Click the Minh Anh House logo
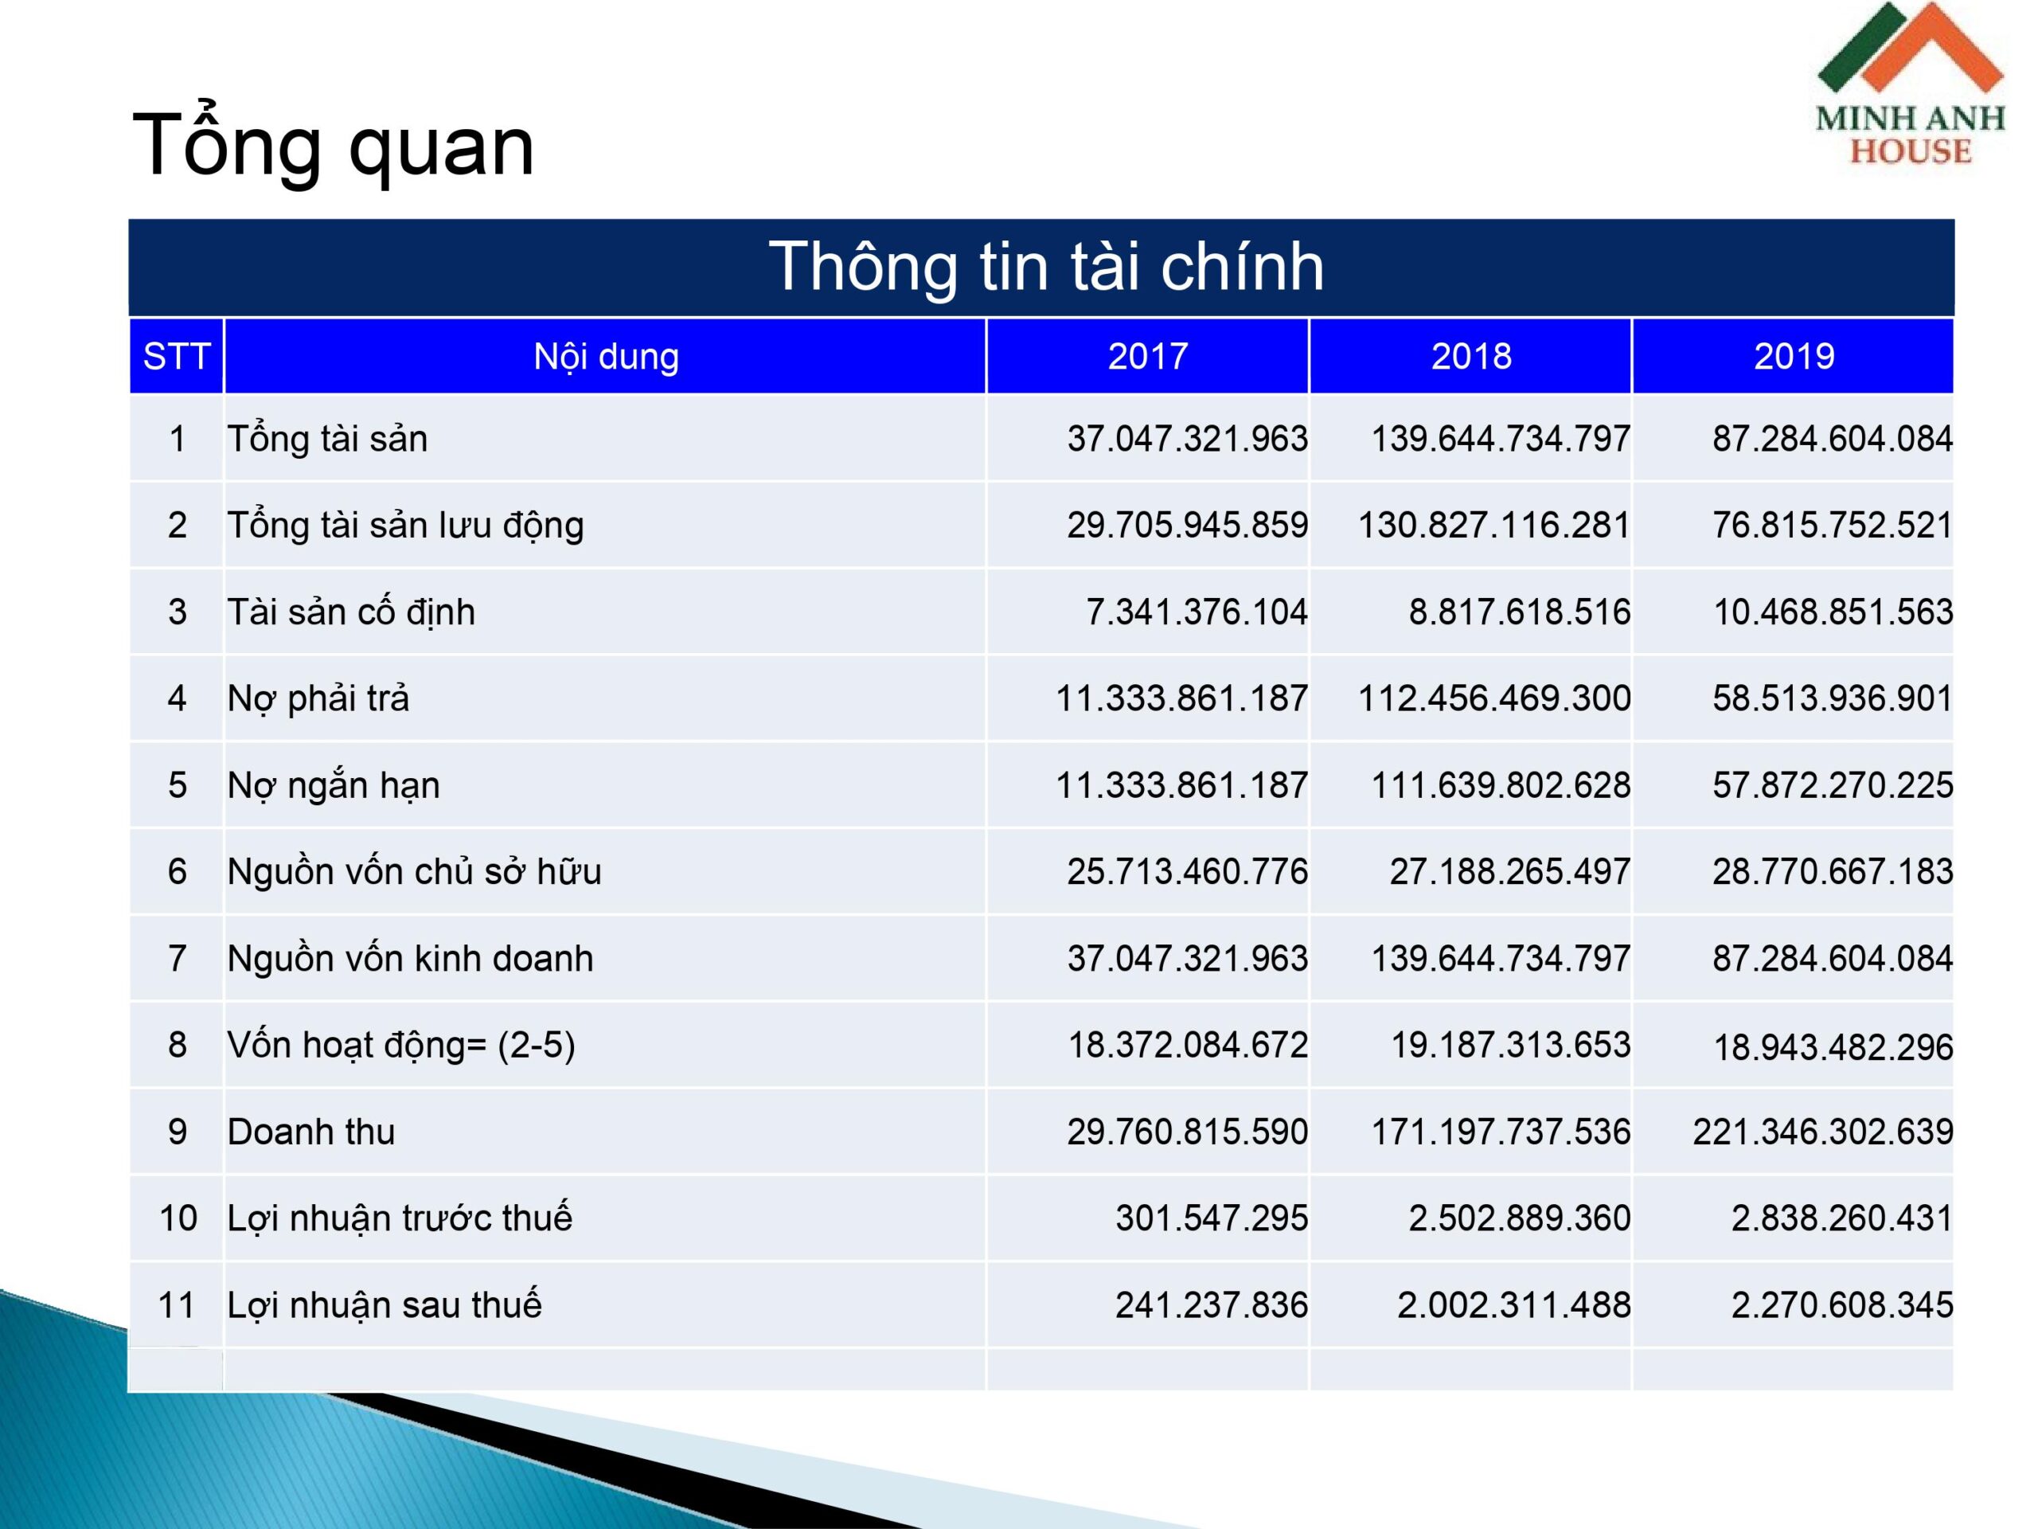click(x=1910, y=84)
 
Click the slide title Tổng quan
click(x=334, y=146)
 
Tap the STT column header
click(x=176, y=357)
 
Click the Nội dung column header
click(x=607, y=357)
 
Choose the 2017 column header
click(x=1148, y=357)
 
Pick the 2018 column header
click(x=1471, y=357)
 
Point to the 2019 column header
click(x=1794, y=357)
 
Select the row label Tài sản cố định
click(x=351, y=612)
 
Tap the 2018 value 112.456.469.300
click(x=1494, y=698)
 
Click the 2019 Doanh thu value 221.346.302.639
click(x=1822, y=1132)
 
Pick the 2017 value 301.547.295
click(x=1212, y=1218)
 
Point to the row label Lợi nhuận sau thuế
click(x=385, y=1305)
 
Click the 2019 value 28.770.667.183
click(x=1833, y=872)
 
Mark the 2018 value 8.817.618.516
click(x=1519, y=612)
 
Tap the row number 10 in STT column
click(x=178, y=1218)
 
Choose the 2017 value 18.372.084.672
click(x=1188, y=1045)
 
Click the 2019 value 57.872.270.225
click(x=1833, y=785)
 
